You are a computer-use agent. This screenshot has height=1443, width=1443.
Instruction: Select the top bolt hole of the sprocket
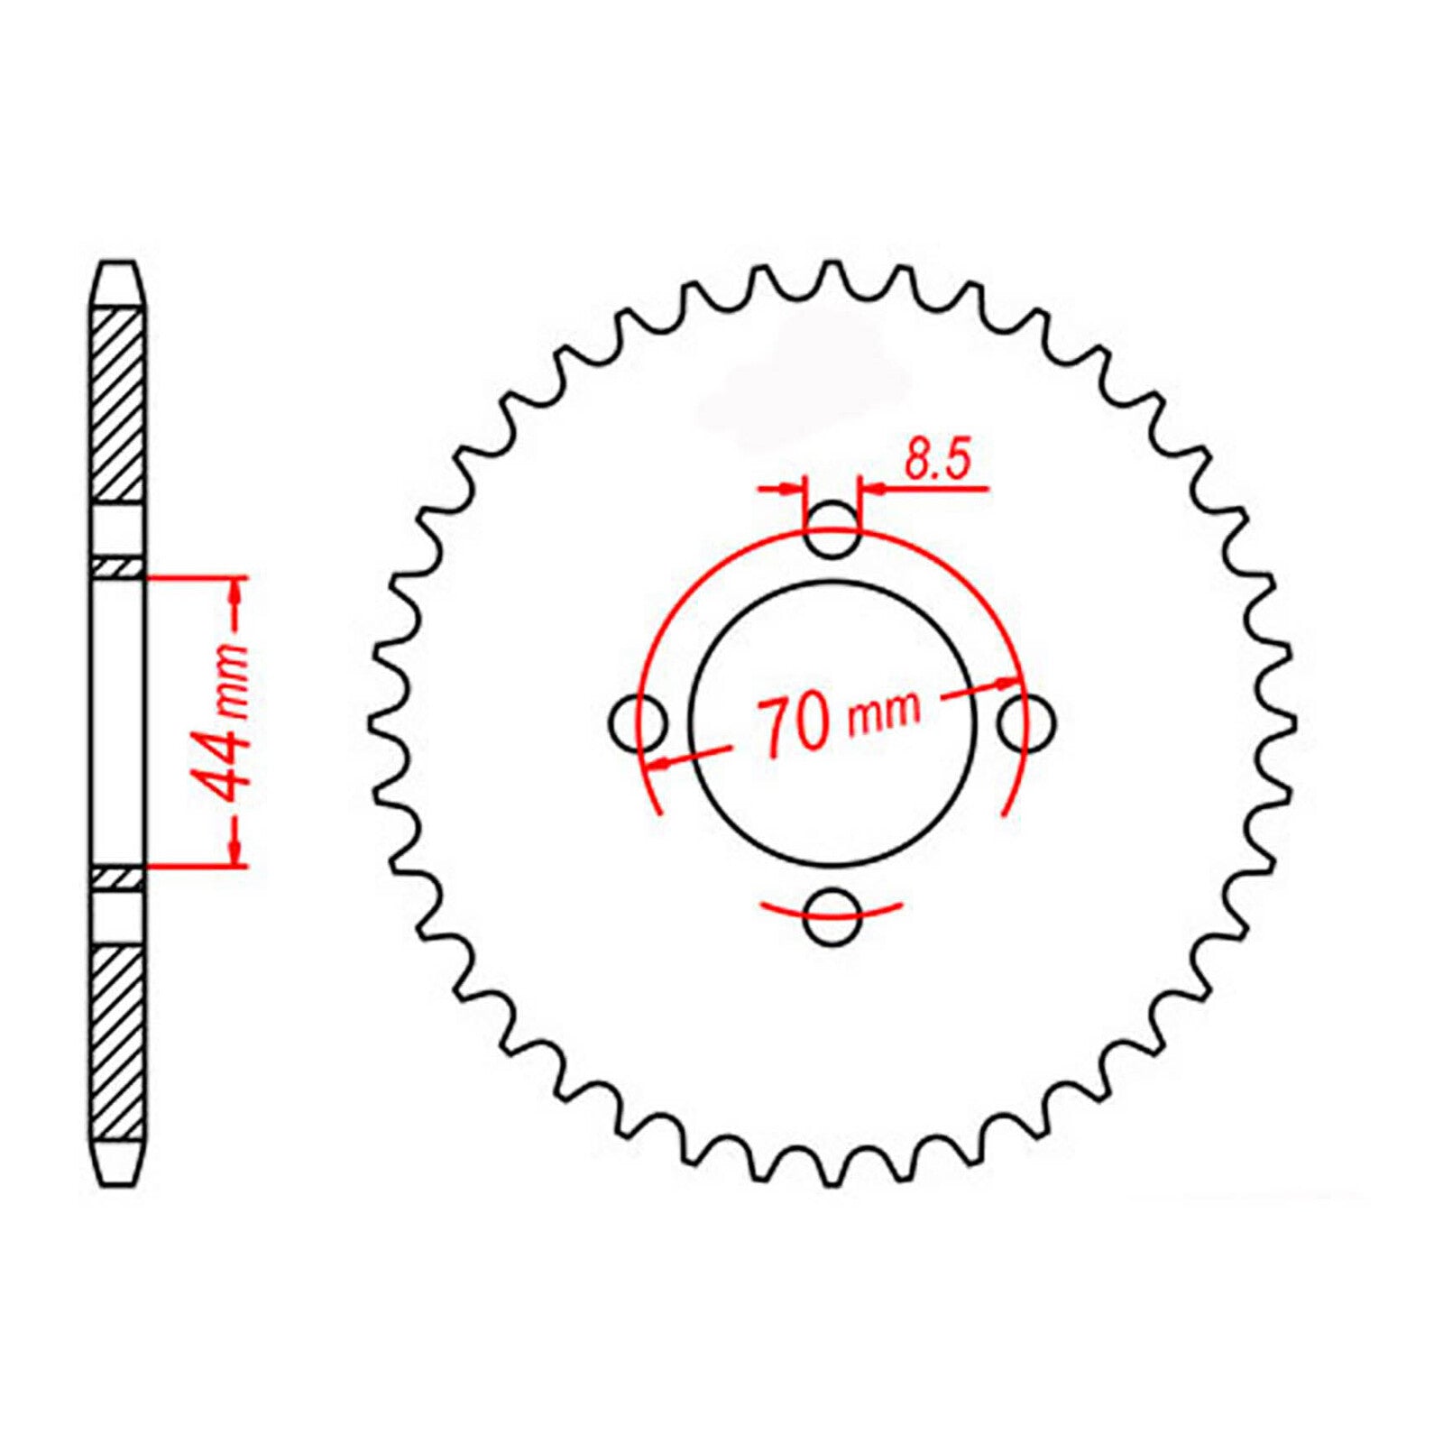(x=831, y=531)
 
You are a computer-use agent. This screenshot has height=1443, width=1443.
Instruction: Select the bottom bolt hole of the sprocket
(x=831, y=918)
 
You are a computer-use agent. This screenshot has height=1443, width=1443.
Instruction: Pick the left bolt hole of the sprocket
(x=638, y=722)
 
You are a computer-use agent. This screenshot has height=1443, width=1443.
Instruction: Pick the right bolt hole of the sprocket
(x=1026, y=722)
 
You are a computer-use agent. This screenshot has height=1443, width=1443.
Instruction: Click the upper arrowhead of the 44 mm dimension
(x=236, y=591)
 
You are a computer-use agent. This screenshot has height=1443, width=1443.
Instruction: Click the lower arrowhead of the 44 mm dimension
(x=236, y=851)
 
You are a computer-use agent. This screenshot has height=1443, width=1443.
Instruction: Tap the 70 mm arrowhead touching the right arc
(x=1008, y=684)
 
